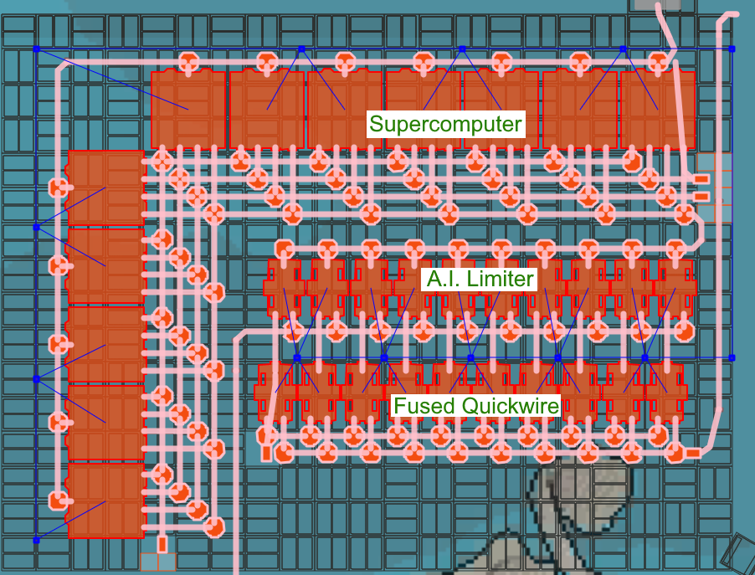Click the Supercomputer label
[445, 126]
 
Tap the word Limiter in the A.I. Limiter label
[501, 279]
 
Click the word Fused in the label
[423, 407]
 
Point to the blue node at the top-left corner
[36, 49]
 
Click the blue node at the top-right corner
[731, 49]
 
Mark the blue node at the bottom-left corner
[36, 540]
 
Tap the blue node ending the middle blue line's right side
[731, 357]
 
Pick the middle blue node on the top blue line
[461, 49]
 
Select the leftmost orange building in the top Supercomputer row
[188, 109]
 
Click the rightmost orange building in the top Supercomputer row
[658, 109]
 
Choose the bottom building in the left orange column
[105, 500]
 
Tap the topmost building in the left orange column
[105, 189]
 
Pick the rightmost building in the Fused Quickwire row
[667, 392]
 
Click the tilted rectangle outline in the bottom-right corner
[738, 552]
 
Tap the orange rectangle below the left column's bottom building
[162, 545]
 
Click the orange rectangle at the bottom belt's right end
[692, 453]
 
